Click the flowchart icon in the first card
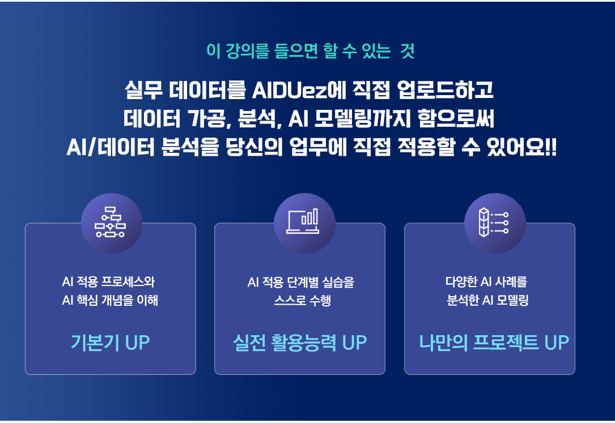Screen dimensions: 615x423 110,222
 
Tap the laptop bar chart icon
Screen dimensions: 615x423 303,221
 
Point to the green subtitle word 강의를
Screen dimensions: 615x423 248,52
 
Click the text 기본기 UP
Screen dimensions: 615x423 110,343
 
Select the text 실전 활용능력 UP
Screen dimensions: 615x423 300,343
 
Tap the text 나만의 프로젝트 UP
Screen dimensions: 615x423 494,343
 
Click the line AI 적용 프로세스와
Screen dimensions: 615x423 108,281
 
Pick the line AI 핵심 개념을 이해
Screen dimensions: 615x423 110,301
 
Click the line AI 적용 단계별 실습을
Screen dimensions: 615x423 301,282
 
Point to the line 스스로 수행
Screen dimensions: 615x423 303,301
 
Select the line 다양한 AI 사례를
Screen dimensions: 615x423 486,281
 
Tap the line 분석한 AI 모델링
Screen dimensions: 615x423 487,301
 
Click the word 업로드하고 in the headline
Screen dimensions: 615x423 445,90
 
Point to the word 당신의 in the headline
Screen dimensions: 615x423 254,148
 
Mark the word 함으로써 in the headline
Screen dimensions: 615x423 456,119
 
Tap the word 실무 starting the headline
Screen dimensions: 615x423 143,90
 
